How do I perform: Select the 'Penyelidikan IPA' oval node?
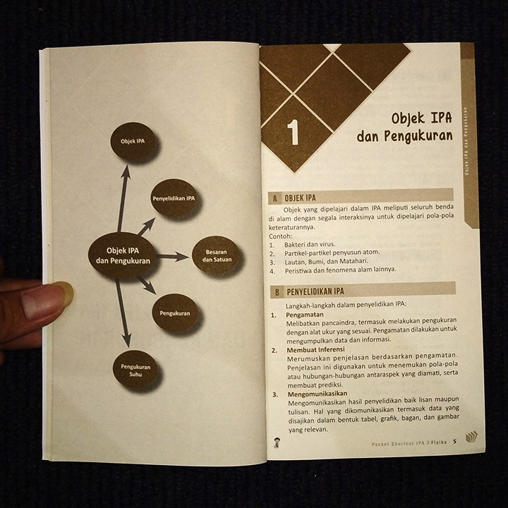[x=174, y=199]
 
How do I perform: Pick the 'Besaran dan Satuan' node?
[x=217, y=255]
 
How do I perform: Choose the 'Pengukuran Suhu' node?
[x=135, y=370]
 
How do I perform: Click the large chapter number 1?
[x=293, y=133]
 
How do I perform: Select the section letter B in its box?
[x=277, y=291]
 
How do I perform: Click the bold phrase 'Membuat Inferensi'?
[x=315, y=349]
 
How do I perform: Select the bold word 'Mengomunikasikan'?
[x=317, y=394]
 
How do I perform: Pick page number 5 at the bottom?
[x=454, y=442]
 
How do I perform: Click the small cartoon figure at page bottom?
[x=274, y=440]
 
